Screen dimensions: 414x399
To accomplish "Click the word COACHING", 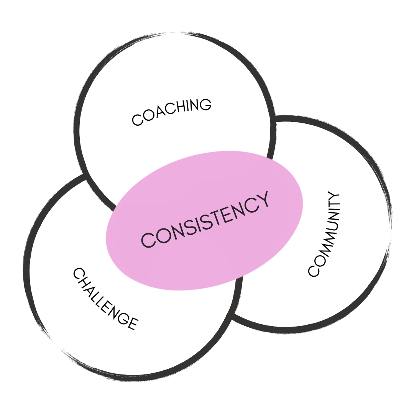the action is [171, 112].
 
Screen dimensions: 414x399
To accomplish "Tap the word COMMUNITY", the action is [324, 235].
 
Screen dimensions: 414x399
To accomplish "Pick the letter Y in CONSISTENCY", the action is [262, 200].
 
